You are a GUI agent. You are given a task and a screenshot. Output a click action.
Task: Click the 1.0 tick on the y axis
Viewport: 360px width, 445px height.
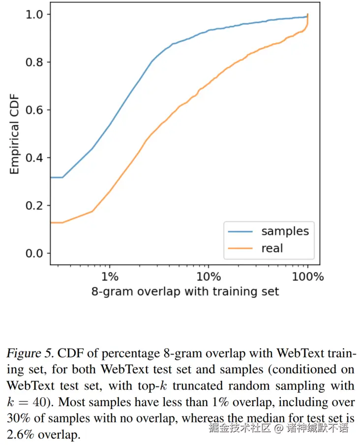pos(35,14)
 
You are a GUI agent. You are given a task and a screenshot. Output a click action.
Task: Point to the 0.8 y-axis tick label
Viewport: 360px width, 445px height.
pos(35,62)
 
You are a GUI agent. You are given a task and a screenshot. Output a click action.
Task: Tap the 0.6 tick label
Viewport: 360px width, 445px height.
pos(35,110)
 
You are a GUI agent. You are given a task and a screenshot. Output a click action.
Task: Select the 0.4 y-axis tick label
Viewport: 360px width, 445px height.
pos(35,158)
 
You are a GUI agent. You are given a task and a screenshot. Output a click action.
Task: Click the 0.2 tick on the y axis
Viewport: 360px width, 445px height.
pos(35,206)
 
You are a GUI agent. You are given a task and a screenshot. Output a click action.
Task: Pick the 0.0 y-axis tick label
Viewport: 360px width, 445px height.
pos(35,253)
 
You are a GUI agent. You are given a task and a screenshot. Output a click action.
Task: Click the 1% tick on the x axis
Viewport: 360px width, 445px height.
pos(110,277)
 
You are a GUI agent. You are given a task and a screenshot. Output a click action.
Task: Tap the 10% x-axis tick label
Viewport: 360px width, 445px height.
pos(208,277)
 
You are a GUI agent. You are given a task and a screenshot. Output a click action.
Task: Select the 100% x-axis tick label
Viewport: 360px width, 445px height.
pos(307,277)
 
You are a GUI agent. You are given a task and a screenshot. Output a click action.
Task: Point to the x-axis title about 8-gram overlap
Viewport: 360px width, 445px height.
pos(185,292)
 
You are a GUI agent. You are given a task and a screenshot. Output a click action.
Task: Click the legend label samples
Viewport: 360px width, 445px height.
pos(285,231)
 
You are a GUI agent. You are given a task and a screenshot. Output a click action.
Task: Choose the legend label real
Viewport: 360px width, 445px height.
pos(272,248)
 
